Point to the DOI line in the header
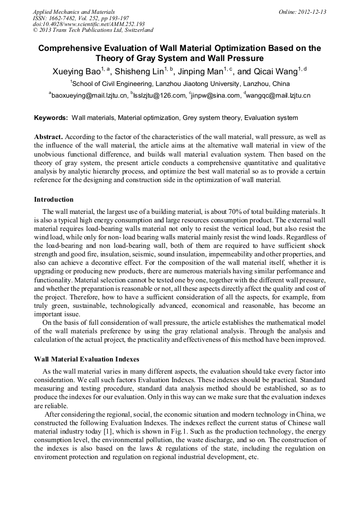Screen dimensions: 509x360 [88, 24]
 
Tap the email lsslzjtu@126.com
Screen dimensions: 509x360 [160, 96]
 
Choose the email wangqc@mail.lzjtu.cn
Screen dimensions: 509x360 [279, 96]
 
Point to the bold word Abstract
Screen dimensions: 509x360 [48, 136]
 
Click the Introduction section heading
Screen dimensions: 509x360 [54, 200]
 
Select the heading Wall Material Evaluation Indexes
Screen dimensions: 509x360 [87, 358]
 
